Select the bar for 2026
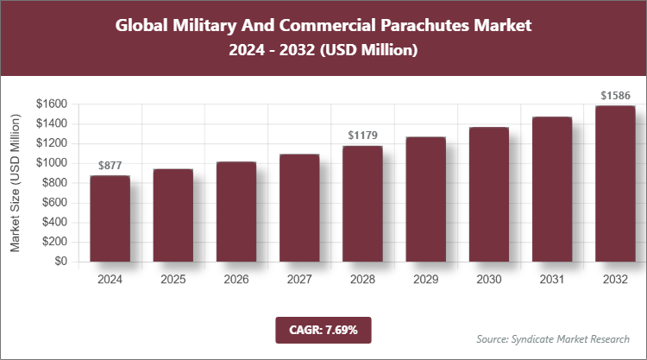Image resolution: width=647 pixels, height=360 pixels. click(236, 212)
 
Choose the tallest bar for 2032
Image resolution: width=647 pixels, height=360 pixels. click(614, 184)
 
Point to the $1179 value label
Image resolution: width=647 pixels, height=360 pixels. click(362, 136)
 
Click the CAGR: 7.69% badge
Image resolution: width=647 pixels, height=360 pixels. click(323, 329)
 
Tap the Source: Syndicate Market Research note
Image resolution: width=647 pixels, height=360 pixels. click(552, 338)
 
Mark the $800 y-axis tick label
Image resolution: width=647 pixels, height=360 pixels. click(53, 183)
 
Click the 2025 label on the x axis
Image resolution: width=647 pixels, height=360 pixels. click(173, 280)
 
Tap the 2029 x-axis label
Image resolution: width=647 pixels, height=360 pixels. click(425, 280)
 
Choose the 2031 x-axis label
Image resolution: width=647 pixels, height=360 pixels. click(551, 280)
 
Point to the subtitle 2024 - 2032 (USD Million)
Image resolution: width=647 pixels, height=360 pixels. click(323, 52)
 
